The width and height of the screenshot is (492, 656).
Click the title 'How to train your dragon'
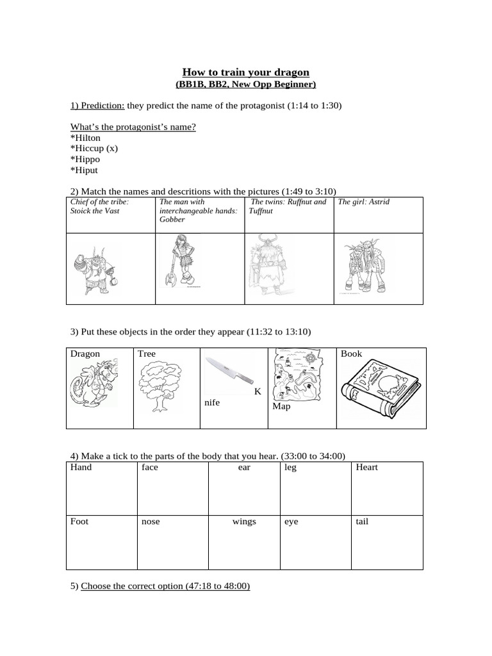[246, 72]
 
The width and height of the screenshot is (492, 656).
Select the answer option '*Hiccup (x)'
[94, 148]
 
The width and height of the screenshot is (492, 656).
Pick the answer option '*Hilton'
[85, 137]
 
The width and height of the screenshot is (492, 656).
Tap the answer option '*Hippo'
[85, 159]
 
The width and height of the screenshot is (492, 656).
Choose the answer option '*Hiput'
[85, 170]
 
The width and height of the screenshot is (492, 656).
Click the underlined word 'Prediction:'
[97, 106]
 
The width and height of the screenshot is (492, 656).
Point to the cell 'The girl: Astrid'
[363, 202]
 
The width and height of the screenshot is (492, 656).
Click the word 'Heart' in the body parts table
[366, 467]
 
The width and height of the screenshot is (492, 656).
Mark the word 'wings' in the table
[244, 521]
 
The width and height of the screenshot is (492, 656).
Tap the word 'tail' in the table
[362, 521]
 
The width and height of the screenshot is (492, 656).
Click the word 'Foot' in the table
[79, 521]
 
